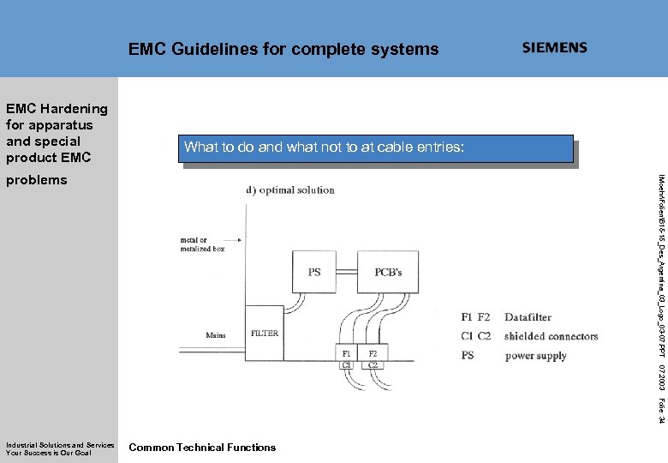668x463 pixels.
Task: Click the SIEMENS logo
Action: pyautogui.click(x=555, y=48)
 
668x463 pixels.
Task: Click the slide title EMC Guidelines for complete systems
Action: pyautogui.click(x=283, y=50)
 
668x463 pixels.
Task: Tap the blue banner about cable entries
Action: pyautogui.click(x=378, y=148)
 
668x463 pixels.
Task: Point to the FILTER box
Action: pyautogui.click(x=264, y=333)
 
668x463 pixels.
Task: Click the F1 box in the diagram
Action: pyautogui.click(x=347, y=353)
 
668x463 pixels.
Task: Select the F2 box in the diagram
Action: pyautogui.click(x=373, y=353)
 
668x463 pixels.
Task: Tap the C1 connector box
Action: pyautogui.click(x=347, y=364)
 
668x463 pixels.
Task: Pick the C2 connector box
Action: pyautogui.click(x=373, y=364)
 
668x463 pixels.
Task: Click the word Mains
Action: pyautogui.click(x=217, y=335)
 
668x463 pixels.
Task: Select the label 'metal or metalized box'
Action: pyautogui.click(x=203, y=244)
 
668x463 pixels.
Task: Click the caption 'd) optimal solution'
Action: pyautogui.click(x=291, y=189)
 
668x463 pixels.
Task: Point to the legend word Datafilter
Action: pyautogui.click(x=528, y=317)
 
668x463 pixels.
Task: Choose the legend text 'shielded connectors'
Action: pyautogui.click(x=551, y=336)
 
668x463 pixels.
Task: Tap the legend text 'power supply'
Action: pyautogui.click(x=535, y=355)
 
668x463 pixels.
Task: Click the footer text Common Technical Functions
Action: pyautogui.click(x=202, y=447)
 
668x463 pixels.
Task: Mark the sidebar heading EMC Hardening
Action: pyautogui.click(x=57, y=109)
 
